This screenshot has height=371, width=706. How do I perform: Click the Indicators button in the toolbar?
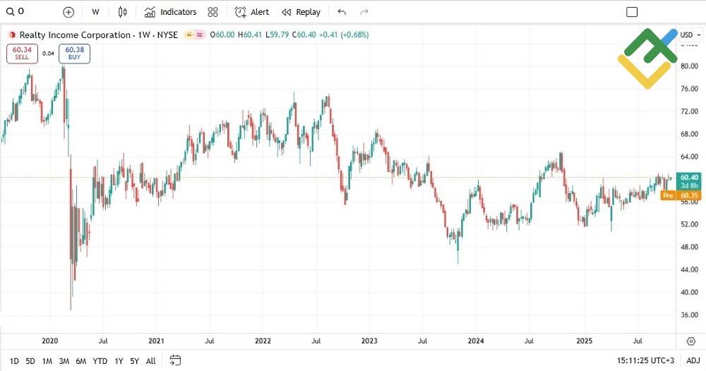click(170, 12)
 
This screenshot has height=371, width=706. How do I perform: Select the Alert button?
click(252, 12)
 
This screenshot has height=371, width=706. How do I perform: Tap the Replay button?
click(301, 12)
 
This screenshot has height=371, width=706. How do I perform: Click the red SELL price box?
click(22, 54)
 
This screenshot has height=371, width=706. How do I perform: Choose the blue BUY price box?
click(74, 54)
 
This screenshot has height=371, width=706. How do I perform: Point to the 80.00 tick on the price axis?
click(688, 66)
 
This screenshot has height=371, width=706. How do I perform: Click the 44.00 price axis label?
click(688, 269)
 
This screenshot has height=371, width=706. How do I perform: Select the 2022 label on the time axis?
click(263, 341)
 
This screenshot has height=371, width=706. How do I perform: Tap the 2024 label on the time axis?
click(475, 341)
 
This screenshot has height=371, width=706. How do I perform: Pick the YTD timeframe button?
click(100, 361)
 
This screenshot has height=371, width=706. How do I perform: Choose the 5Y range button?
click(134, 361)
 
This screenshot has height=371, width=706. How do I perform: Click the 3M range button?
click(64, 361)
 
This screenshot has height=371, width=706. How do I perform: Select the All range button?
click(150, 361)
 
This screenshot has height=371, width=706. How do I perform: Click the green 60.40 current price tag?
click(688, 178)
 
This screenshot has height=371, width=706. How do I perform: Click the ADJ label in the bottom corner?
click(693, 361)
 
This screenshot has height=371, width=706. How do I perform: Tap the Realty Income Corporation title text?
click(75, 35)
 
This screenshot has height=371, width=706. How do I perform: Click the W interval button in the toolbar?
click(95, 12)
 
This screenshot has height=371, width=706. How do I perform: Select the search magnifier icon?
click(10, 11)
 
